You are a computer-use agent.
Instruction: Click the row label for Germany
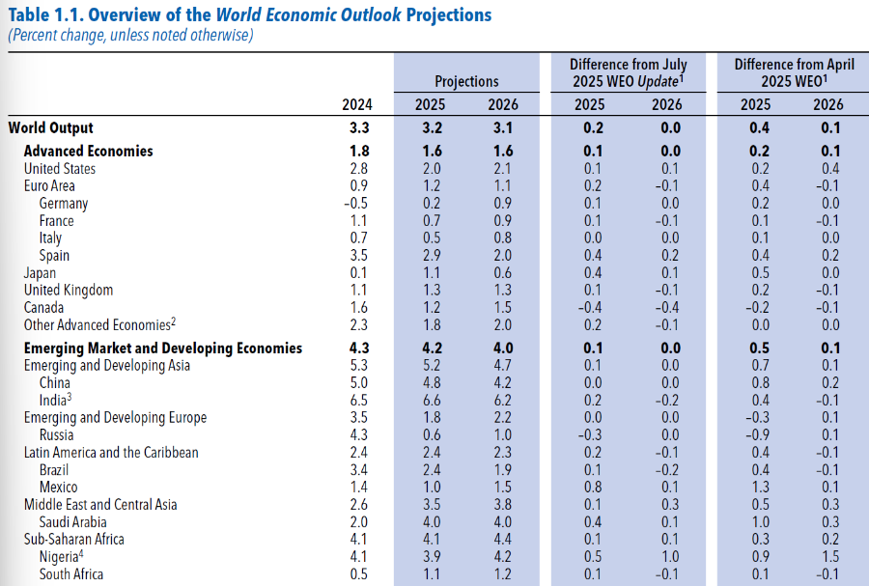tap(64, 204)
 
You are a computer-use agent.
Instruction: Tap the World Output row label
tap(51, 127)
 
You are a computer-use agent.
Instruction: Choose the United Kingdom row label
tap(69, 291)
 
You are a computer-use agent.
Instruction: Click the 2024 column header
tap(357, 104)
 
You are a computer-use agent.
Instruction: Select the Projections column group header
tap(466, 82)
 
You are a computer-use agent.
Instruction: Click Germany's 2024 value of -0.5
tap(356, 204)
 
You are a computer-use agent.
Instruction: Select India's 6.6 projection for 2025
tap(431, 401)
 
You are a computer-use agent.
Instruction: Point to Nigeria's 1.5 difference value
tap(828, 557)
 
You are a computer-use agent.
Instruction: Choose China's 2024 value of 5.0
tap(357, 383)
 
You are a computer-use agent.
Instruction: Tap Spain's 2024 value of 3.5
tap(357, 256)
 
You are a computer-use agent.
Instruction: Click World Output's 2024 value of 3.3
tap(357, 127)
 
